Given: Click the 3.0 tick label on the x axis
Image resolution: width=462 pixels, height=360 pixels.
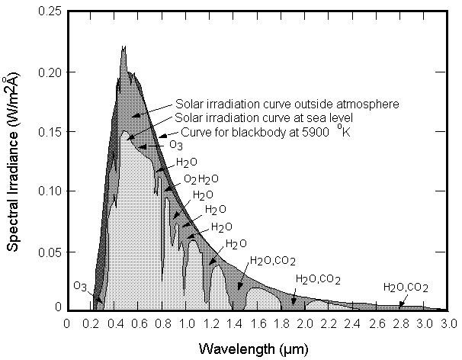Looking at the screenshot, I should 448,323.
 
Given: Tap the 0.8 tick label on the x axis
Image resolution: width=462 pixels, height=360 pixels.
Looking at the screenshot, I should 162,323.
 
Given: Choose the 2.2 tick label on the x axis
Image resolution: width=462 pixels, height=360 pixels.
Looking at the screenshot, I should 329,323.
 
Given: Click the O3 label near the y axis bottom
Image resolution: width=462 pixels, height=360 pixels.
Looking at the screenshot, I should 80,286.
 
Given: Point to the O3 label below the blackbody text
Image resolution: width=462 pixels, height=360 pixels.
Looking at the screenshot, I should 175,145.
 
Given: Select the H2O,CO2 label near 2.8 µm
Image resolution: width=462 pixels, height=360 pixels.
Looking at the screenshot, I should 406,288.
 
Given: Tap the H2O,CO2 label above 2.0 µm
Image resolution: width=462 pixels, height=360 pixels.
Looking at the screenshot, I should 318,279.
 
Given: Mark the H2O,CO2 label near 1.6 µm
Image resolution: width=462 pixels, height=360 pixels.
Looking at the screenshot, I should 272,261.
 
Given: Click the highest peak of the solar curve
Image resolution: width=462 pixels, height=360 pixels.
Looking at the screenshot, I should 124,47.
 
